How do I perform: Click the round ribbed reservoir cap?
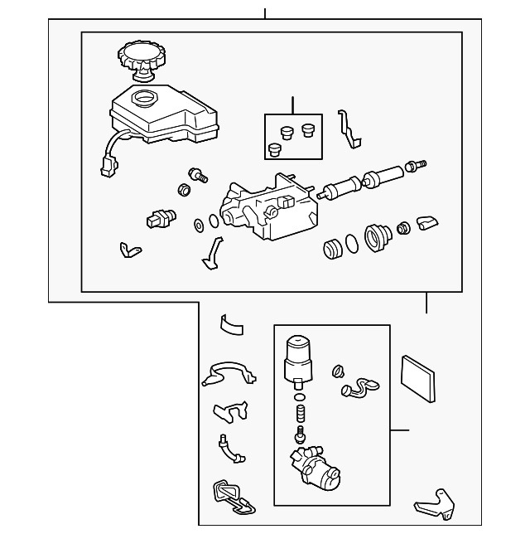click(x=142, y=58)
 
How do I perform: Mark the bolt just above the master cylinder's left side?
click(x=198, y=174)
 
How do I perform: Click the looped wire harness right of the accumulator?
click(x=357, y=386)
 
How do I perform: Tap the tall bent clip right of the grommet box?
click(x=350, y=129)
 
